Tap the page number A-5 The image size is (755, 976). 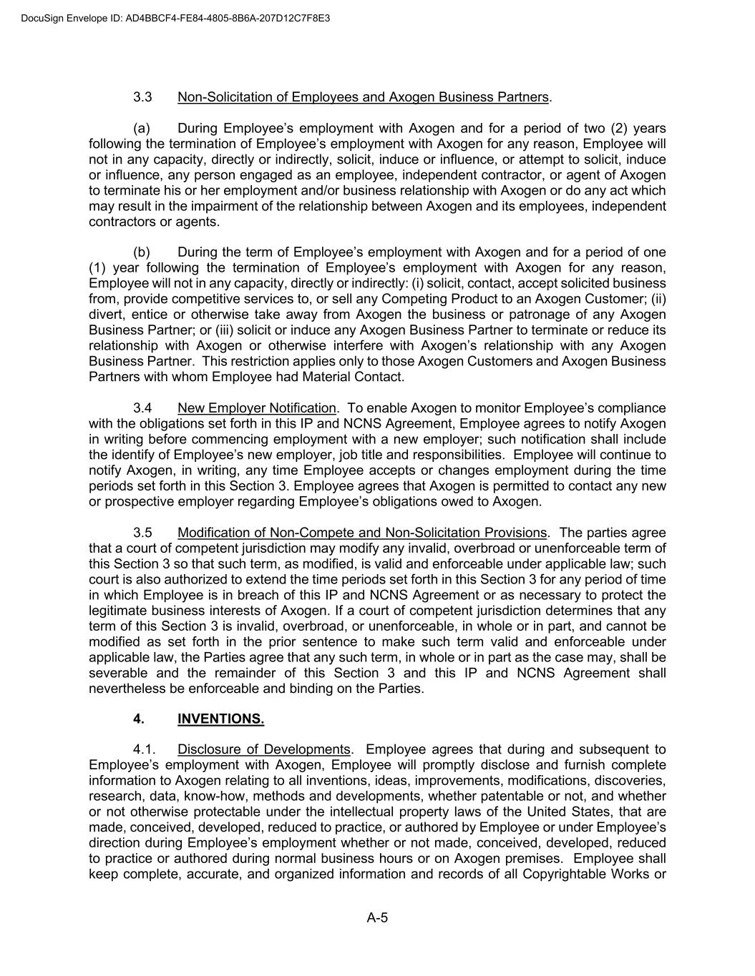(x=377, y=918)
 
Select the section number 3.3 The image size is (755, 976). (x=142, y=97)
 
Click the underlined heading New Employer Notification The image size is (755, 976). (x=256, y=408)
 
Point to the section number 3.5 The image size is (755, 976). (x=142, y=533)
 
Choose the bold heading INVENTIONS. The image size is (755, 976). (x=220, y=719)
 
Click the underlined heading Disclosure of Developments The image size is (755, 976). (x=263, y=749)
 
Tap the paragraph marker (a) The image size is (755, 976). (x=142, y=129)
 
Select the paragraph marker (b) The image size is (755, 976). (x=142, y=252)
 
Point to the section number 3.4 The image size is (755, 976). (x=142, y=408)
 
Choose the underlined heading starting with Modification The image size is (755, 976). (x=361, y=533)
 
